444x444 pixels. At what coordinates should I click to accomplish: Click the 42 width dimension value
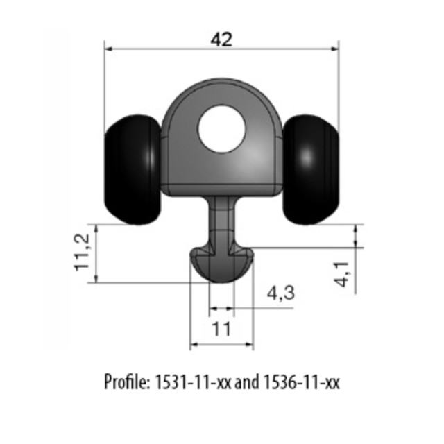[221, 40]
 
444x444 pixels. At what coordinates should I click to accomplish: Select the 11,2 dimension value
[82, 253]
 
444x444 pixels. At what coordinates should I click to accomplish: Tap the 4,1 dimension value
[342, 275]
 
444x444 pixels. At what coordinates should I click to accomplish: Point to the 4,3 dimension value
[280, 293]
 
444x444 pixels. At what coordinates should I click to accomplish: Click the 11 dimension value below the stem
[221, 329]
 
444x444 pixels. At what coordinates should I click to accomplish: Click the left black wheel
[133, 169]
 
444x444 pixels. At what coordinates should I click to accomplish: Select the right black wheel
[311, 169]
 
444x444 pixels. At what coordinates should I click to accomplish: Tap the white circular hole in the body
[221, 129]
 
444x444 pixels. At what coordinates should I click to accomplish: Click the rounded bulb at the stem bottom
[222, 264]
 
